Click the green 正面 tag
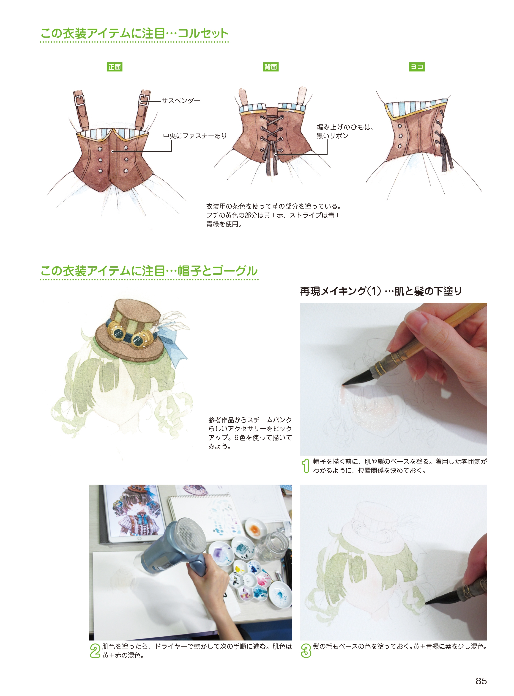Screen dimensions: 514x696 [115, 67]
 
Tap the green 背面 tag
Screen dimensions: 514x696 [271, 67]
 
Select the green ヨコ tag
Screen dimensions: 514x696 [417, 67]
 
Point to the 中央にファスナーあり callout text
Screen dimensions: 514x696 [195, 136]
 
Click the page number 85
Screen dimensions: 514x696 [481, 681]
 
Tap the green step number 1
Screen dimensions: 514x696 [306, 466]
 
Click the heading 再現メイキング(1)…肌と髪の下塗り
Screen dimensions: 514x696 [381, 291]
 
